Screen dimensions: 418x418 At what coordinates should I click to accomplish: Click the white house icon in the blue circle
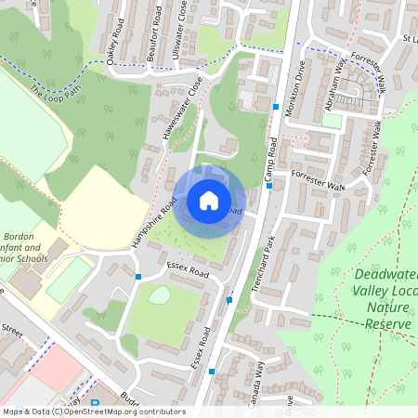tap(209, 200)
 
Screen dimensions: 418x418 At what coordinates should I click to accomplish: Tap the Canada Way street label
tap(248, 377)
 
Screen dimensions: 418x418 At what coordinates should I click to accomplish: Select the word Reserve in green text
tap(387, 323)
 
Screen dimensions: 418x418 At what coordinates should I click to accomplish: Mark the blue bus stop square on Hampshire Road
tap(138, 277)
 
